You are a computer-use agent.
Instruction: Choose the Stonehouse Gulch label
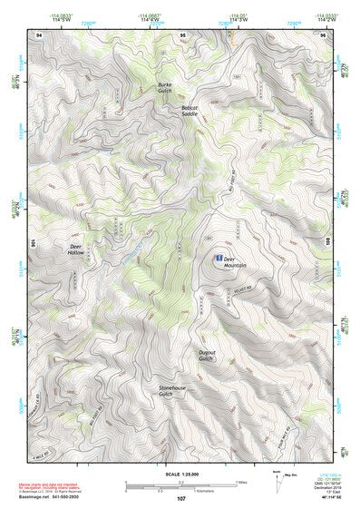[x=159, y=390]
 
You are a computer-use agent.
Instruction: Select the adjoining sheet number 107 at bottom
[x=180, y=499]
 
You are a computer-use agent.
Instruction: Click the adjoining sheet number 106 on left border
[x=34, y=243]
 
